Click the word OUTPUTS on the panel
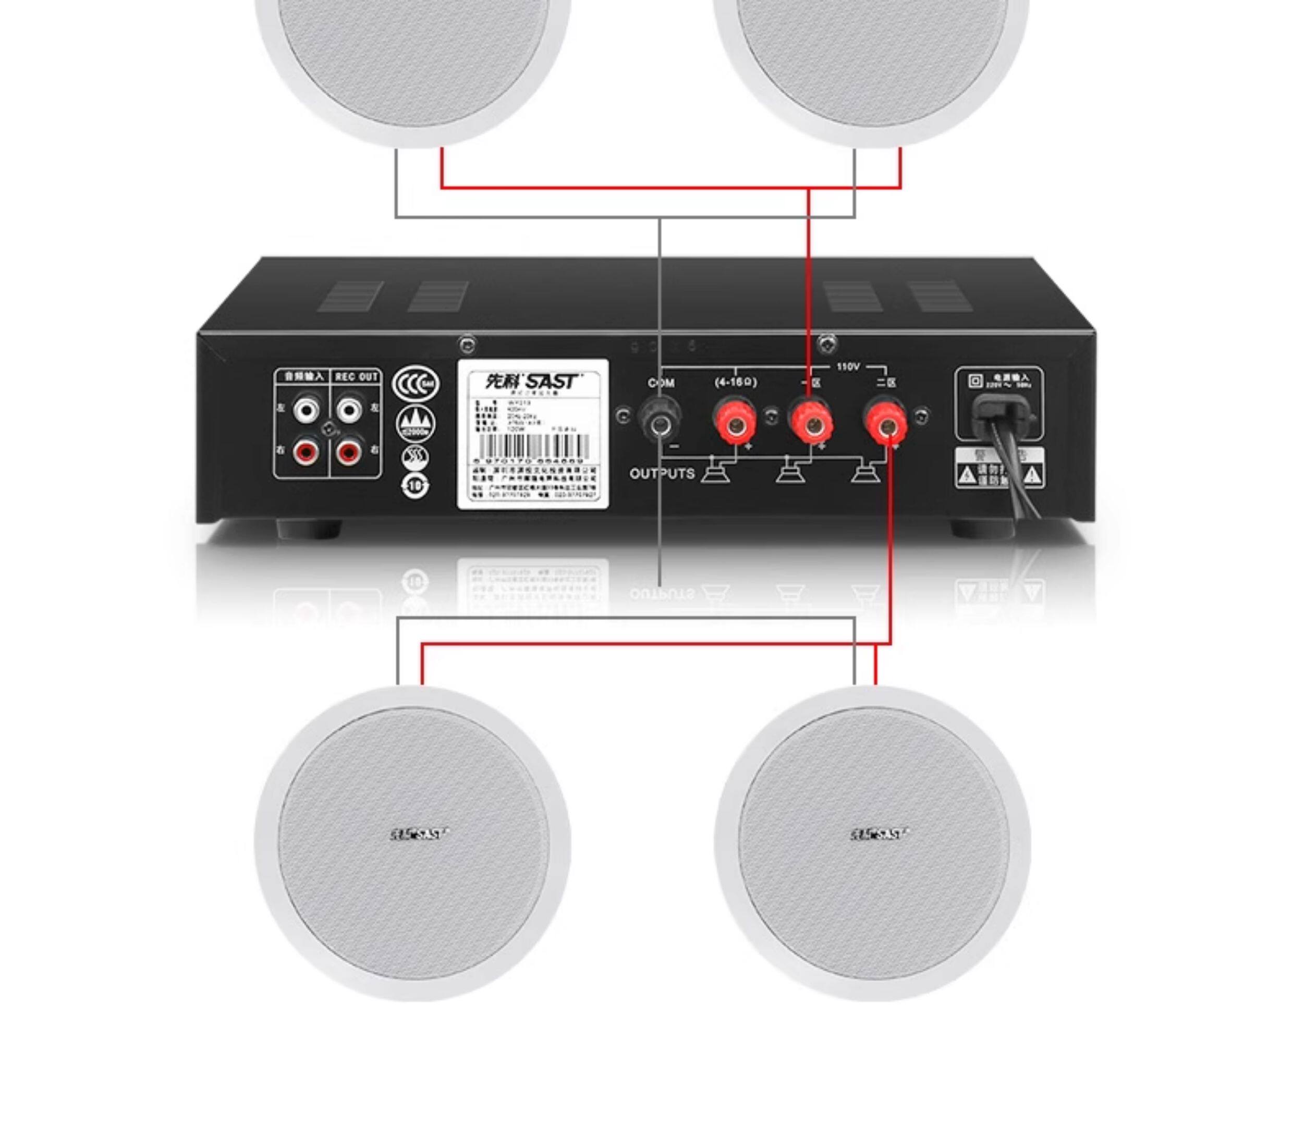click(x=662, y=473)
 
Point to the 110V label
click(x=848, y=367)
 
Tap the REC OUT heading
click(x=356, y=376)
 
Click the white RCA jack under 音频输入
click(x=306, y=411)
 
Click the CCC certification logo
click(x=416, y=384)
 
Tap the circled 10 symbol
click(x=416, y=486)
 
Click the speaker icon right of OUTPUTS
click(x=716, y=472)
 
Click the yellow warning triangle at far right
click(x=1031, y=475)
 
